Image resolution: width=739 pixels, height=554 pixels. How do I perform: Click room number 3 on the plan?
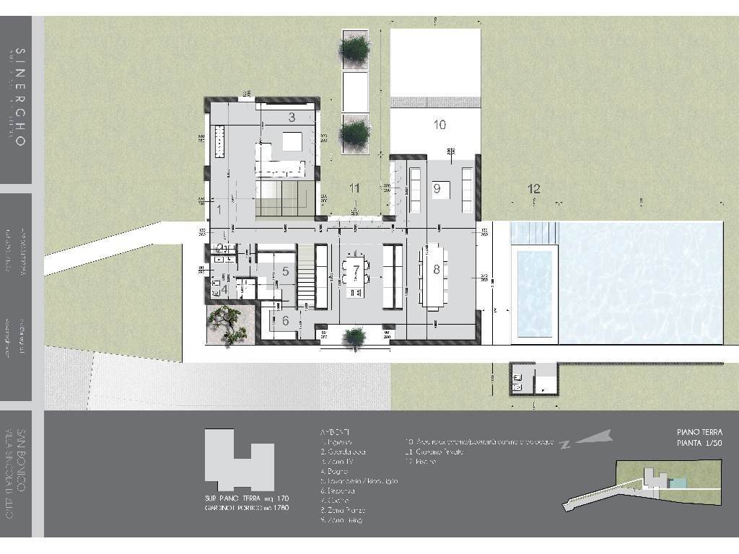[292, 117]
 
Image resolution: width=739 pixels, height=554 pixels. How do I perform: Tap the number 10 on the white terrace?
[440, 125]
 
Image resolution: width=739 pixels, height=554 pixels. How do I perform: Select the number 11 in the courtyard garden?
[354, 188]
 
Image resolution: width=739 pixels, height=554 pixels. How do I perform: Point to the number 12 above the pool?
[533, 188]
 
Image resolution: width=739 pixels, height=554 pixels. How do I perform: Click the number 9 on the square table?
[437, 189]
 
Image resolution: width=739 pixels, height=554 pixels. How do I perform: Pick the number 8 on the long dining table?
[436, 269]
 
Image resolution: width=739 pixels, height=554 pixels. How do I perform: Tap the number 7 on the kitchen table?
[356, 270]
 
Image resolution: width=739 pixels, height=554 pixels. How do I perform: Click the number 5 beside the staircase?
[285, 271]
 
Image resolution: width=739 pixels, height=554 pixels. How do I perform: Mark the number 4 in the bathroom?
[224, 290]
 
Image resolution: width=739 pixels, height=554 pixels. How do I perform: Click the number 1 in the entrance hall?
[218, 210]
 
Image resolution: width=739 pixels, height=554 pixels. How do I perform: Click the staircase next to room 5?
[307, 276]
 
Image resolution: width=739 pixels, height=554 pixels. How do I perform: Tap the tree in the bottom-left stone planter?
[230, 322]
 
